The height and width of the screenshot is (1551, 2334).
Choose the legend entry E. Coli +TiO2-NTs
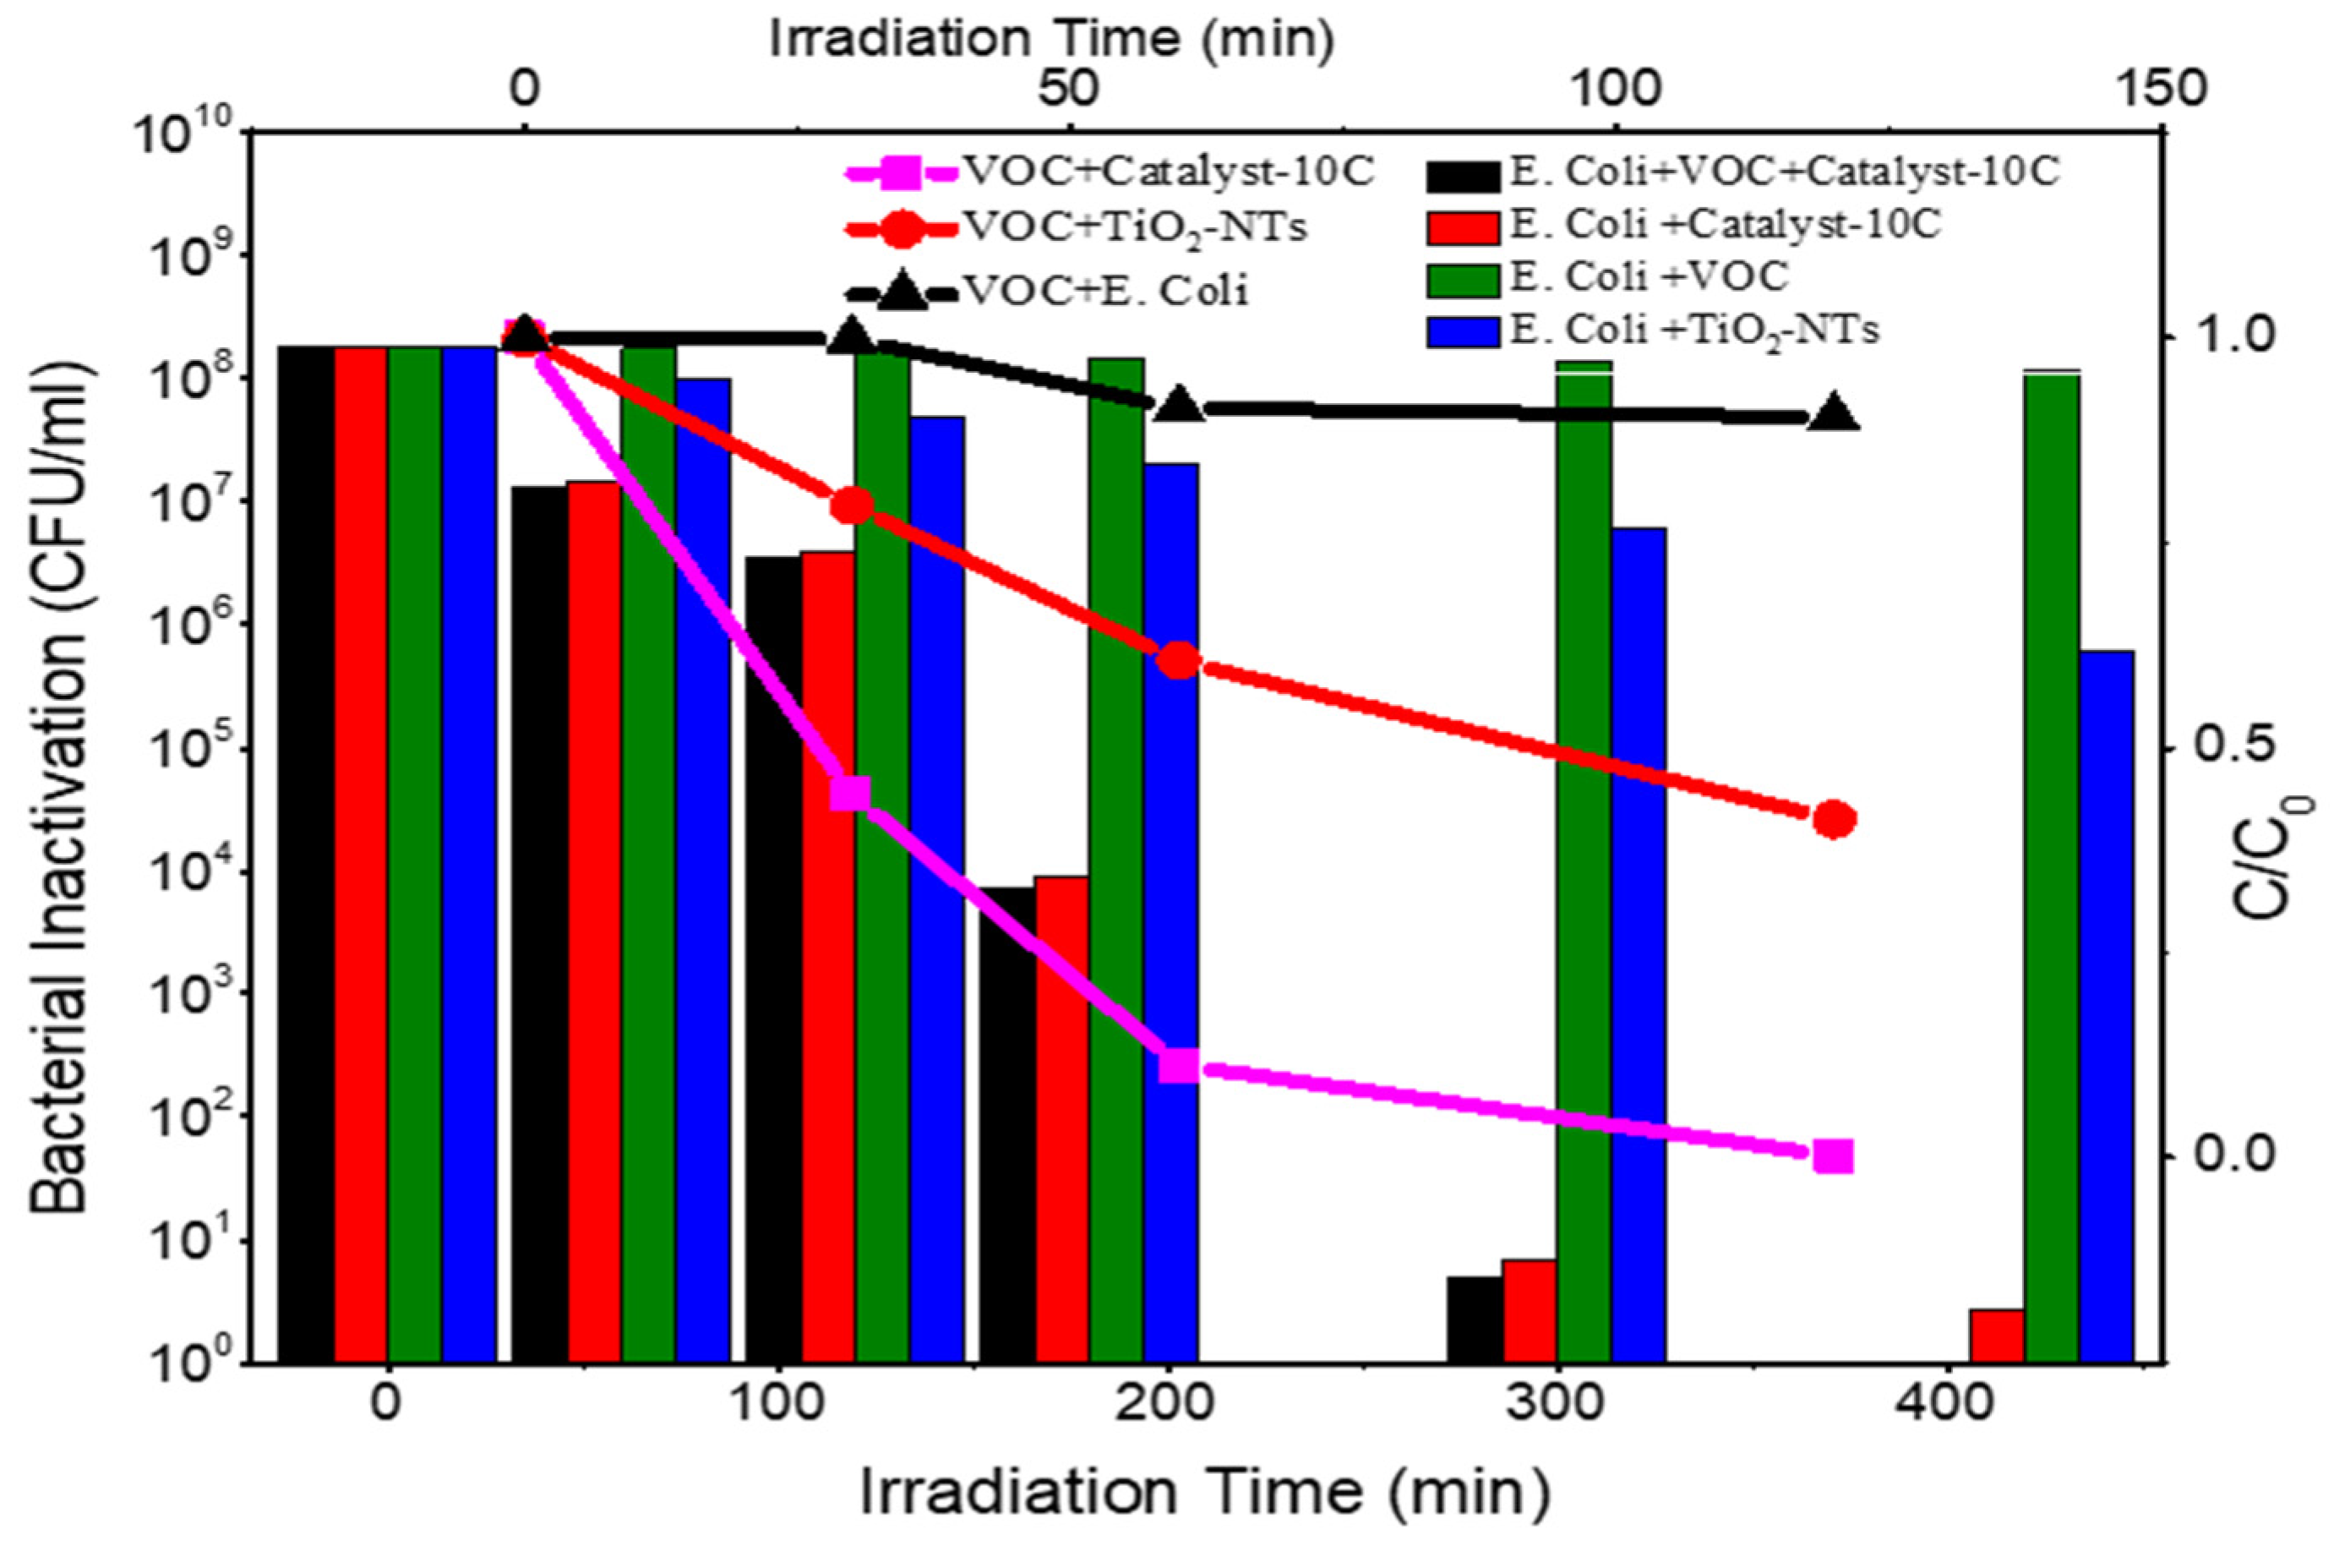[x=1651, y=330]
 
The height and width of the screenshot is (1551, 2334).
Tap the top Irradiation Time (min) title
[x=1052, y=40]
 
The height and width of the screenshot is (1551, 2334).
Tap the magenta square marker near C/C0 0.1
[x=1179, y=1067]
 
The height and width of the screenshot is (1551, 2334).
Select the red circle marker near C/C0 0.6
[x=1179, y=660]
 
